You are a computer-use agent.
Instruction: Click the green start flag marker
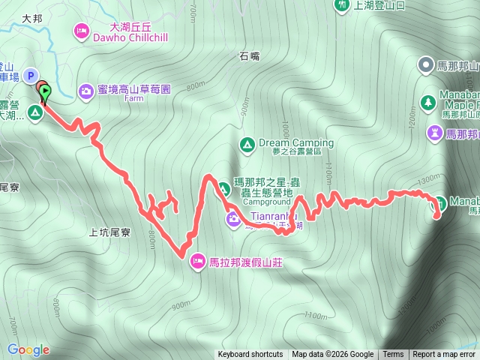click(44, 94)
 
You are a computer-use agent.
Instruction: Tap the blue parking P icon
click(31, 75)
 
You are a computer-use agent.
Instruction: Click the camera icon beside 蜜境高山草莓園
click(86, 90)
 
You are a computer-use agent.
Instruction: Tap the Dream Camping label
click(295, 142)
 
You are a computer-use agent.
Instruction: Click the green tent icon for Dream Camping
click(246, 144)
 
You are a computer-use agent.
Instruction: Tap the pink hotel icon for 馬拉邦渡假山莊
click(197, 261)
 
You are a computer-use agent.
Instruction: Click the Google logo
click(28, 349)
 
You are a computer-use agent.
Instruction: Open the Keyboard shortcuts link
click(251, 355)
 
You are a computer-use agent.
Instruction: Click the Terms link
click(393, 355)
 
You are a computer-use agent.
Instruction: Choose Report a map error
click(444, 355)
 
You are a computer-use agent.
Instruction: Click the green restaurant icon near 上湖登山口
click(342, 4)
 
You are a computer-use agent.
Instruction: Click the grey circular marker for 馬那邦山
click(426, 65)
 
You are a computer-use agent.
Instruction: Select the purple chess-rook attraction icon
click(434, 133)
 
